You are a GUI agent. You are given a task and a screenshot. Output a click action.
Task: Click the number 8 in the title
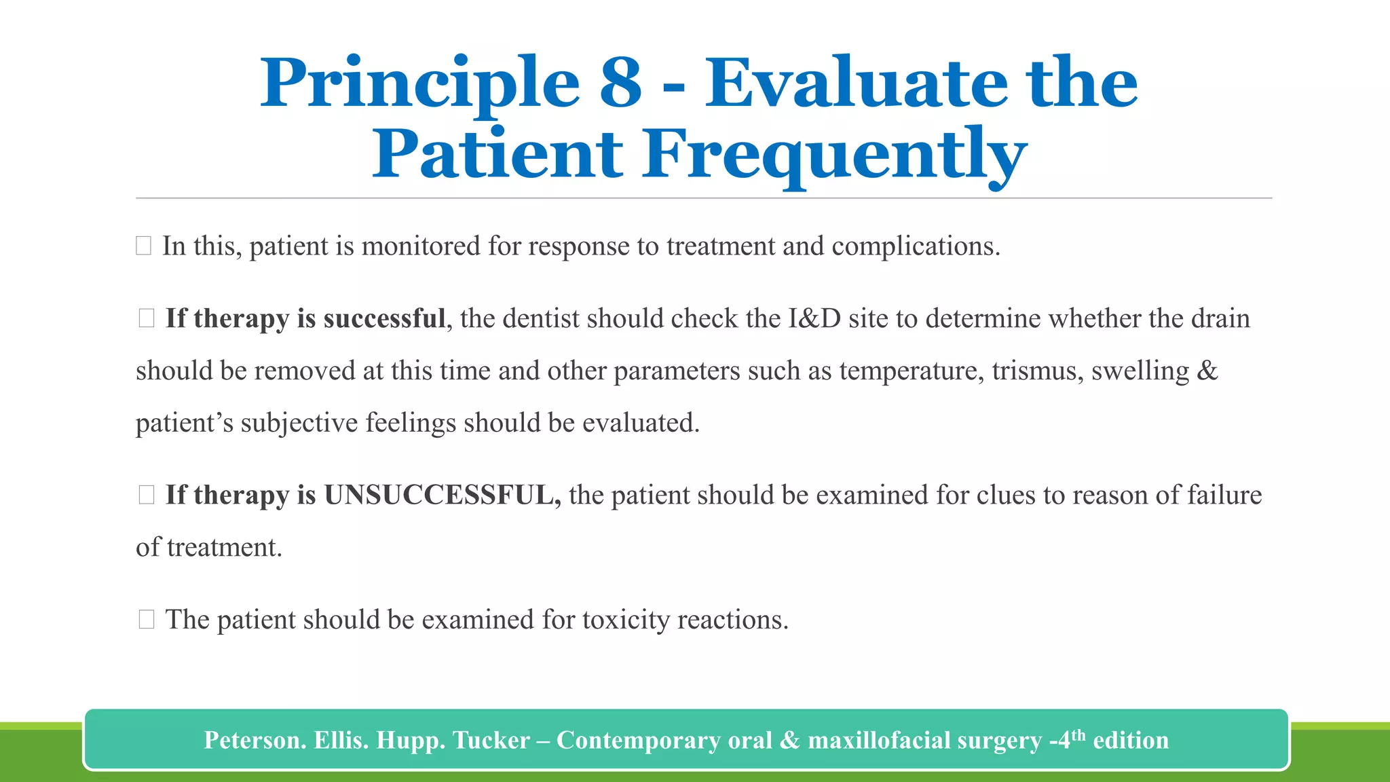[620, 83]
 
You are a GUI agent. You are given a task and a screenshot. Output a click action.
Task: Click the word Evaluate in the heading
[854, 83]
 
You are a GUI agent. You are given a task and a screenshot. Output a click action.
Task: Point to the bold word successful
[384, 318]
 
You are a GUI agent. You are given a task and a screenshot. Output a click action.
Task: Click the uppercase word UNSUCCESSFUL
[442, 495]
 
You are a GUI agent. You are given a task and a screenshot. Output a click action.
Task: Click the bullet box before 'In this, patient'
[143, 246]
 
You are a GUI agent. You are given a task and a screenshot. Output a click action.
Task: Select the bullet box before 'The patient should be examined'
[147, 619]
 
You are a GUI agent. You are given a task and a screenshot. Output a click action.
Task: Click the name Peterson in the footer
[254, 740]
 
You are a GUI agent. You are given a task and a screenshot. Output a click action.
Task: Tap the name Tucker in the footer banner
[491, 740]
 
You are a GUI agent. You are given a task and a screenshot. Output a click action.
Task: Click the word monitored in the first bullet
[421, 246]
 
